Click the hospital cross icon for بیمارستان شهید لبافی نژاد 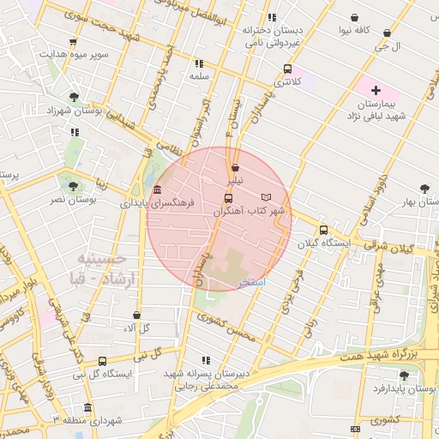376,90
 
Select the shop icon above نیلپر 235,167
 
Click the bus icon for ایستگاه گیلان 323,230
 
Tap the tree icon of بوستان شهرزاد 75,97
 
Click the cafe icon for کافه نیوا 355,17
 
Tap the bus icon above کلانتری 287,69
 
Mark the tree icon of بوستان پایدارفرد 404,375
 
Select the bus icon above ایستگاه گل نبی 103,361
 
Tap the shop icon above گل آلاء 137,315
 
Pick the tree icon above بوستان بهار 424,189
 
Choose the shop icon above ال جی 387,33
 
